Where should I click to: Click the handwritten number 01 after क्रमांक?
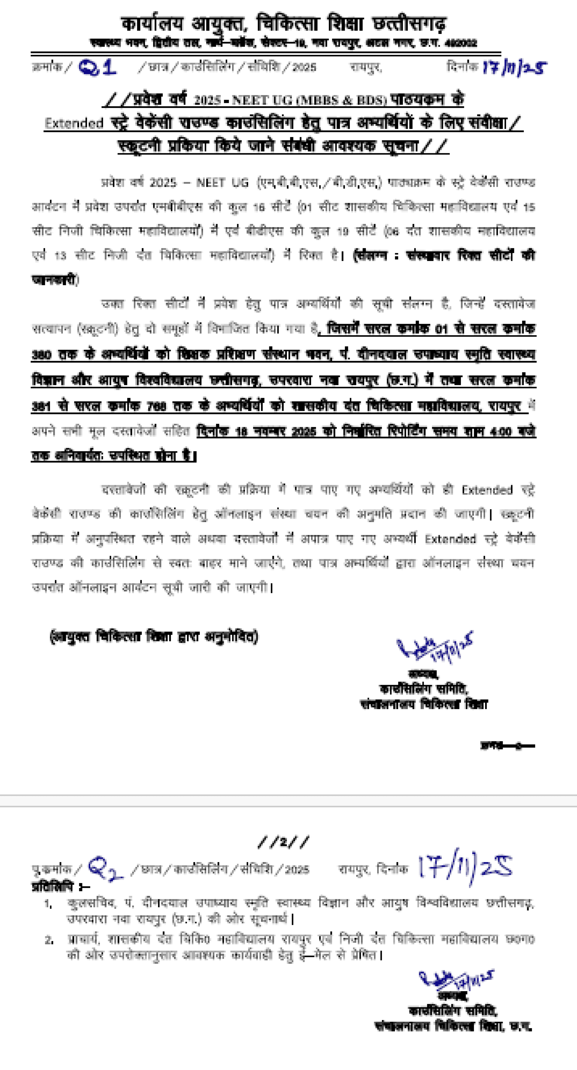pos(97,67)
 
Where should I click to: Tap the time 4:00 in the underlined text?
pos(500,432)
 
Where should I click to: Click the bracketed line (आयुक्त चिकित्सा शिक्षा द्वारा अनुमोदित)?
pos(154,636)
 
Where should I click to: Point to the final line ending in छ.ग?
pos(453,1026)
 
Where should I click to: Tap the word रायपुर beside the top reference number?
pos(365,67)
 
